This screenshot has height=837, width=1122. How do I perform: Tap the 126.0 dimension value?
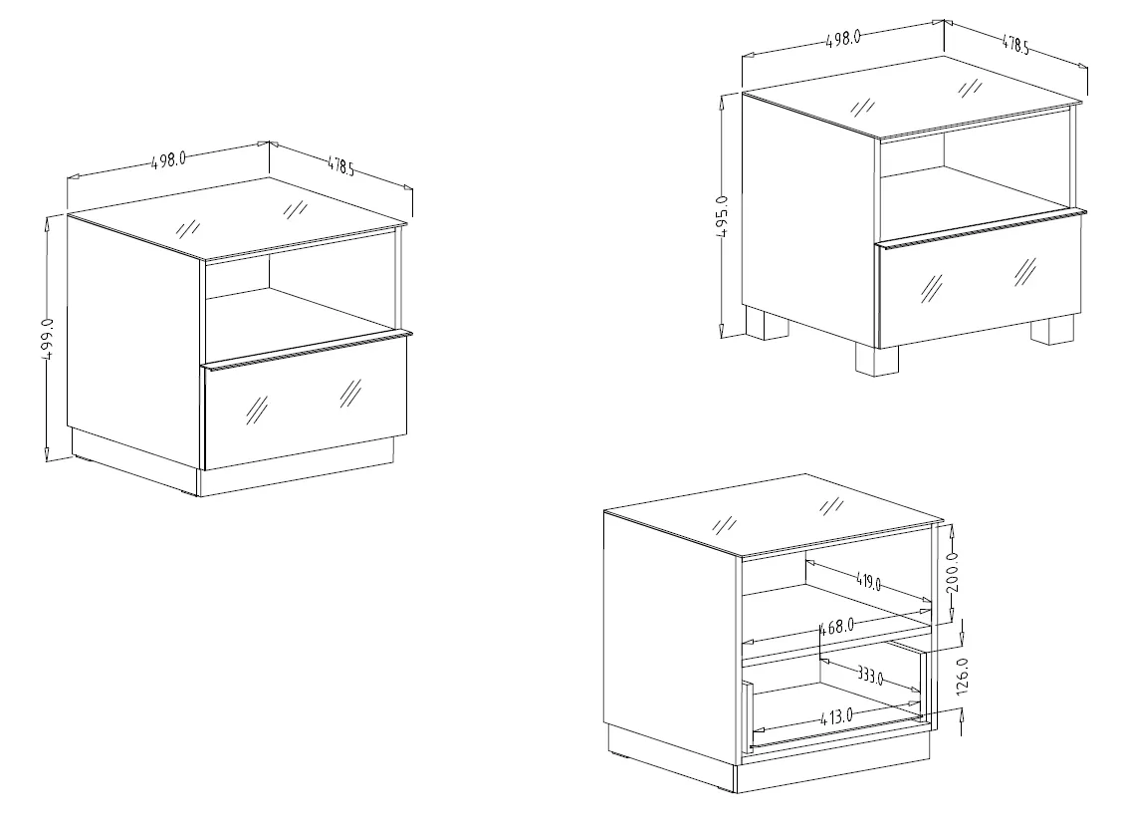pos(962,676)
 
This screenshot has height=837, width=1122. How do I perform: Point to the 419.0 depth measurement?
pos(868,581)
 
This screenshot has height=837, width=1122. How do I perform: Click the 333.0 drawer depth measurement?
pos(869,675)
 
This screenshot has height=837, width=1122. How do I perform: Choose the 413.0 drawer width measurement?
pos(835,715)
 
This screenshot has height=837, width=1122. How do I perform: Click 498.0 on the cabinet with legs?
pos(843,39)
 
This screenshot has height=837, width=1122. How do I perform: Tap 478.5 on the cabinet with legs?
pos(1014,45)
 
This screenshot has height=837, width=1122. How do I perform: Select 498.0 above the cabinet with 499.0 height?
pos(169,159)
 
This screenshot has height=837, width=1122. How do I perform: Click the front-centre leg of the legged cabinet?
pos(877,360)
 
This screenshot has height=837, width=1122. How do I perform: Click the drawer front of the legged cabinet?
pos(979,281)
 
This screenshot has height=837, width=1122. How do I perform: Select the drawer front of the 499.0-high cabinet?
pos(306,402)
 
